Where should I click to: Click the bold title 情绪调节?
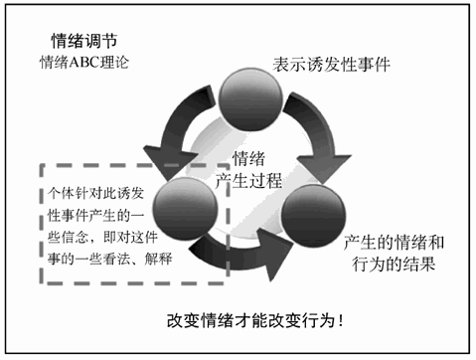click(85, 41)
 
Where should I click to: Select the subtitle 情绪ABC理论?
click(85, 63)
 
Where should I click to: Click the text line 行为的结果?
click(390, 267)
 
